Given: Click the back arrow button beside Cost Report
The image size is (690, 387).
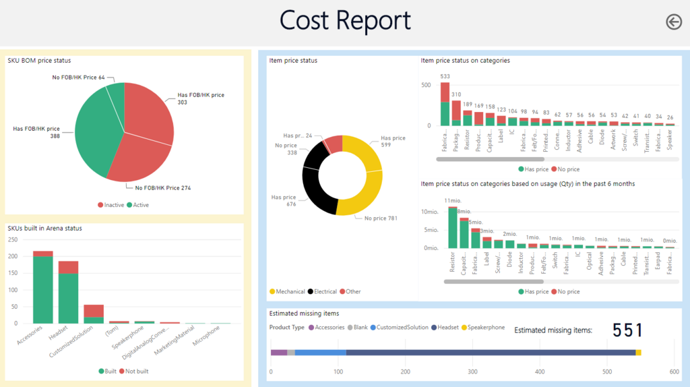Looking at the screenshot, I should pyautogui.click(x=673, y=22).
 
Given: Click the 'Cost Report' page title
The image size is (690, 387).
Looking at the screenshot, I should pyautogui.click(x=345, y=21).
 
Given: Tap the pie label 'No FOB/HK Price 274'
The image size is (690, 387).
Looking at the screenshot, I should pyautogui.click(x=162, y=187).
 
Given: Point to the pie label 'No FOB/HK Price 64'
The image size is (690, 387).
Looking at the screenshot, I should pyautogui.click(x=78, y=78).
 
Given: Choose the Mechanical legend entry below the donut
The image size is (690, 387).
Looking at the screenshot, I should pyautogui.click(x=290, y=292).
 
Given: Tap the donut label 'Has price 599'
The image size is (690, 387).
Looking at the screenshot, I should pyautogui.click(x=393, y=142).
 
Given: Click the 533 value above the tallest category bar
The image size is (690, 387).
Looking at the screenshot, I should pyautogui.click(x=445, y=76).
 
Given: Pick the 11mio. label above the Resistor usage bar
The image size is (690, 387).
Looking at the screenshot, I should pyautogui.click(x=451, y=201).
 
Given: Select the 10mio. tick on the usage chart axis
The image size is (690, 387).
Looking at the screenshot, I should pyautogui.click(x=430, y=212).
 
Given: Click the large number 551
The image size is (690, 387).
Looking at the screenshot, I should pyautogui.click(x=627, y=330).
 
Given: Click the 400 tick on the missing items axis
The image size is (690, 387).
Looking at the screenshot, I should pyautogui.click(x=540, y=371).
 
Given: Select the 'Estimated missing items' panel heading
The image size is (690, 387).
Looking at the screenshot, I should pyautogui.click(x=304, y=314).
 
